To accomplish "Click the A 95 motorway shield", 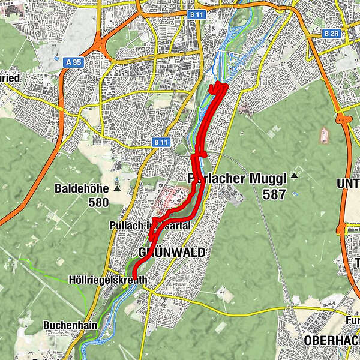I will tap(74, 62).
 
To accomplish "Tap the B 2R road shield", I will tap(331, 34).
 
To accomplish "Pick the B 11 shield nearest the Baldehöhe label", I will tap(161, 142).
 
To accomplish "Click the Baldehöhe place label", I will tap(82, 188).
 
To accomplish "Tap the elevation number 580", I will tap(98, 202).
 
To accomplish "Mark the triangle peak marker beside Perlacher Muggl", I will tap(294, 176).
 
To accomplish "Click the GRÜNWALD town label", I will tap(172, 253).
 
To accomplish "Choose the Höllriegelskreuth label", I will tap(109, 280).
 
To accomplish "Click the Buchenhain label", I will tap(67, 325).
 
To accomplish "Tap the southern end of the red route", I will tap(134, 277).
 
